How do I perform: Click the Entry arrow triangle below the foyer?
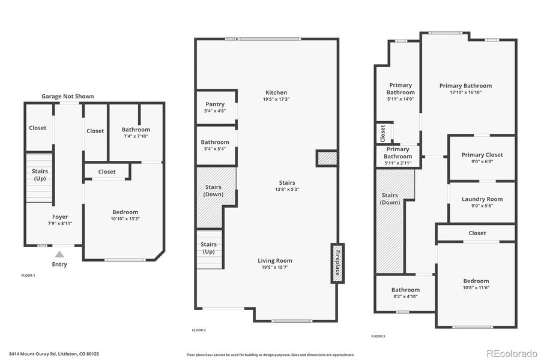click(59, 254)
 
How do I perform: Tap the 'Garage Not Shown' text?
click(67, 96)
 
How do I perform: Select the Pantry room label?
click(215, 104)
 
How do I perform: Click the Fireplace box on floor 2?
click(337, 263)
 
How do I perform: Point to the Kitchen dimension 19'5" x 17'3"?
click(276, 100)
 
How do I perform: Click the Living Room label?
click(275, 260)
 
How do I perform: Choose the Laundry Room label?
click(482, 199)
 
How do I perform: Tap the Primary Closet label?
click(482, 155)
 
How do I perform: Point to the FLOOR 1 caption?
click(28, 275)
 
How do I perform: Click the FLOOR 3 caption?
click(378, 336)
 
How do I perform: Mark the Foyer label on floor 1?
click(60, 217)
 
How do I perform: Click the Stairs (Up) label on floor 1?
click(40, 175)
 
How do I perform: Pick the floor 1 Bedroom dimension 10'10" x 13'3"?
click(125, 219)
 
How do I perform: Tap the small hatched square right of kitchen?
click(327, 158)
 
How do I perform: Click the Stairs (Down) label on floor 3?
click(390, 199)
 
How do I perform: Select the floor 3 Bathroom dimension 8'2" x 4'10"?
click(405, 296)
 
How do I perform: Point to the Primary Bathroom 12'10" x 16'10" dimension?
click(465, 92)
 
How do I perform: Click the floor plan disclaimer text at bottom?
click(270, 355)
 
